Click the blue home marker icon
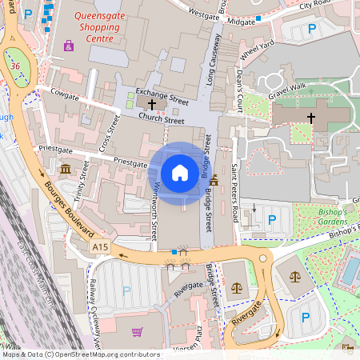coord(180,172)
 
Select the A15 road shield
coord(99,248)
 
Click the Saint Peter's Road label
coord(235,193)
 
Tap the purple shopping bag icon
coord(69,46)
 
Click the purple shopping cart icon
coord(138,331)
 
